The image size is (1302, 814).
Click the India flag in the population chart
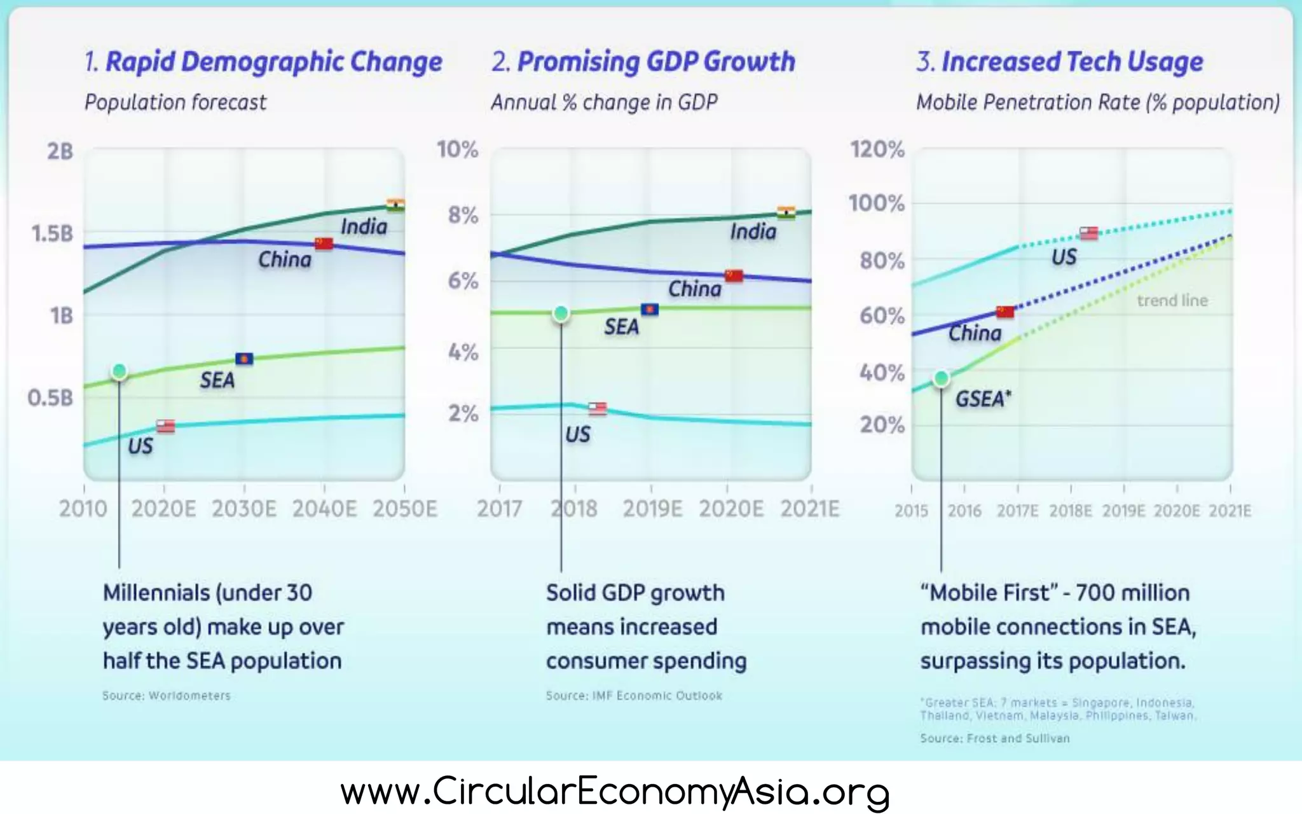pyautogui.click(x=395, y=205)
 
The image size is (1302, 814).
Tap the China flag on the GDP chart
pyautogui.click(x=734, y=275)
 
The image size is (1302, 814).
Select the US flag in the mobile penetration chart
pyautogui.click(x=1088, y=233)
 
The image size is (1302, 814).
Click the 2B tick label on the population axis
pyautogui.click(x=60, y=151)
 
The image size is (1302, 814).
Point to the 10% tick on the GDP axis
pyautogui.click(x=457, y=149)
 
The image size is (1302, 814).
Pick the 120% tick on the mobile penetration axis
pyautogui.click(x=877, y=149)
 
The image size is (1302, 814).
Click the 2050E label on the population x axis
pyautogui.click(x=405, y=509)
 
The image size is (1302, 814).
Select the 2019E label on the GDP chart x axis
pyautogui.click(x=652, y=509)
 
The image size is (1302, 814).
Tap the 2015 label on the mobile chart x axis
pyautogui.click(x=911, y=511)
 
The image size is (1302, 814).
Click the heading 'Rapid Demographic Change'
pyautogui.click(x=273, y=62)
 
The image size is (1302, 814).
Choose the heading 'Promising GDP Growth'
pyautogui.click(x=656, y=62)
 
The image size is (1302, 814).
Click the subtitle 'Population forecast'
pyautogui.click(x=175, y=102)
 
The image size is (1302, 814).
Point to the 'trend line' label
pyautogui.click(x=1172, y=300)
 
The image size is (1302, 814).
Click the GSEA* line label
pyautogui.click(x=983, y=399)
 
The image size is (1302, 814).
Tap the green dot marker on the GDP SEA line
pyautogui.click(x=561, y=313)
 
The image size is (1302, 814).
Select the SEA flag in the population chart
pyautogui.click(x=244, y=359)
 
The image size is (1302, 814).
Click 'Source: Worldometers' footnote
pyautogui.click(x=167, y=696)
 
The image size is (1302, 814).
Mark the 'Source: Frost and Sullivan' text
pyautogui.click(x=995, y=738)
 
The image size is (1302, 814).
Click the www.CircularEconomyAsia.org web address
pyautogui.click(x=614, y=792)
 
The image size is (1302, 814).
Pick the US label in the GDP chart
pyautogui.click(x=577, y=434)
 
